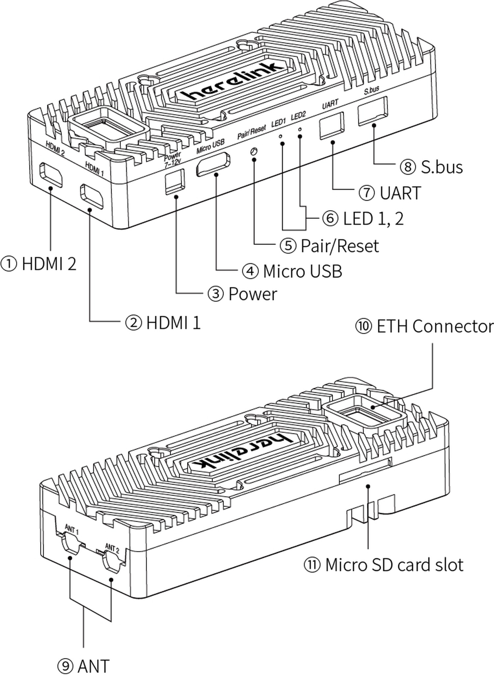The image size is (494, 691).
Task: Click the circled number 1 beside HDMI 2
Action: pyautogui.click(x=8, y=264)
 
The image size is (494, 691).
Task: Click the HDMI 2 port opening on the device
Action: pyautogui.click(x=50, y=174)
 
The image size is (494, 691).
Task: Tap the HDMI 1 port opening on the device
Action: pyautogui.click(x=92, y=196)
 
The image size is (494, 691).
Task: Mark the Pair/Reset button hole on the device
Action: pyautogui.click(x=254, y=151)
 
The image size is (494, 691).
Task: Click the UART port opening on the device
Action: pyautogui.click(x=332, y=126)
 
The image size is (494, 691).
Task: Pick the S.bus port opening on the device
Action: pyautogui.click(x=372, y=111)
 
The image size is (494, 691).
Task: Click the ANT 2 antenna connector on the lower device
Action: pyautogui.click(x=112, y=563)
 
